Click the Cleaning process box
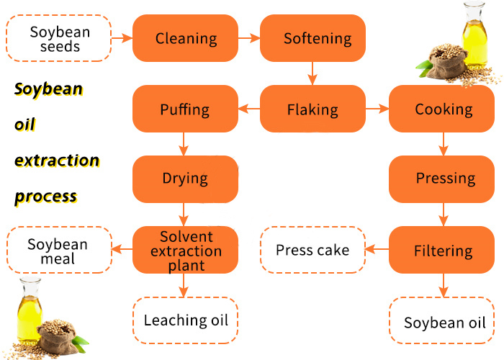click(x=186, y=38)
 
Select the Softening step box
click(x=312, y=38)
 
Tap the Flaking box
click(x=312, y=109)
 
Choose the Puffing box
click(x=186, y=109)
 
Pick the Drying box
click(x=186, y=179)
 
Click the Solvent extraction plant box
click(x=186, y=251)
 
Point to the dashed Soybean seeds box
click(x=59, y=38)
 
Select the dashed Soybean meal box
click(x=59, y=251)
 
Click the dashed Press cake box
click(x=312, y=251)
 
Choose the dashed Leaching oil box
click(x=186, y=320)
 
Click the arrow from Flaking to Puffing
click(x=249, y=109)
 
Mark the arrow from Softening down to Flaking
click(x=312, y=73)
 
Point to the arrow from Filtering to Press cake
click(x=377, y=251)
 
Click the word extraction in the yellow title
click(x=57, y=160)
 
